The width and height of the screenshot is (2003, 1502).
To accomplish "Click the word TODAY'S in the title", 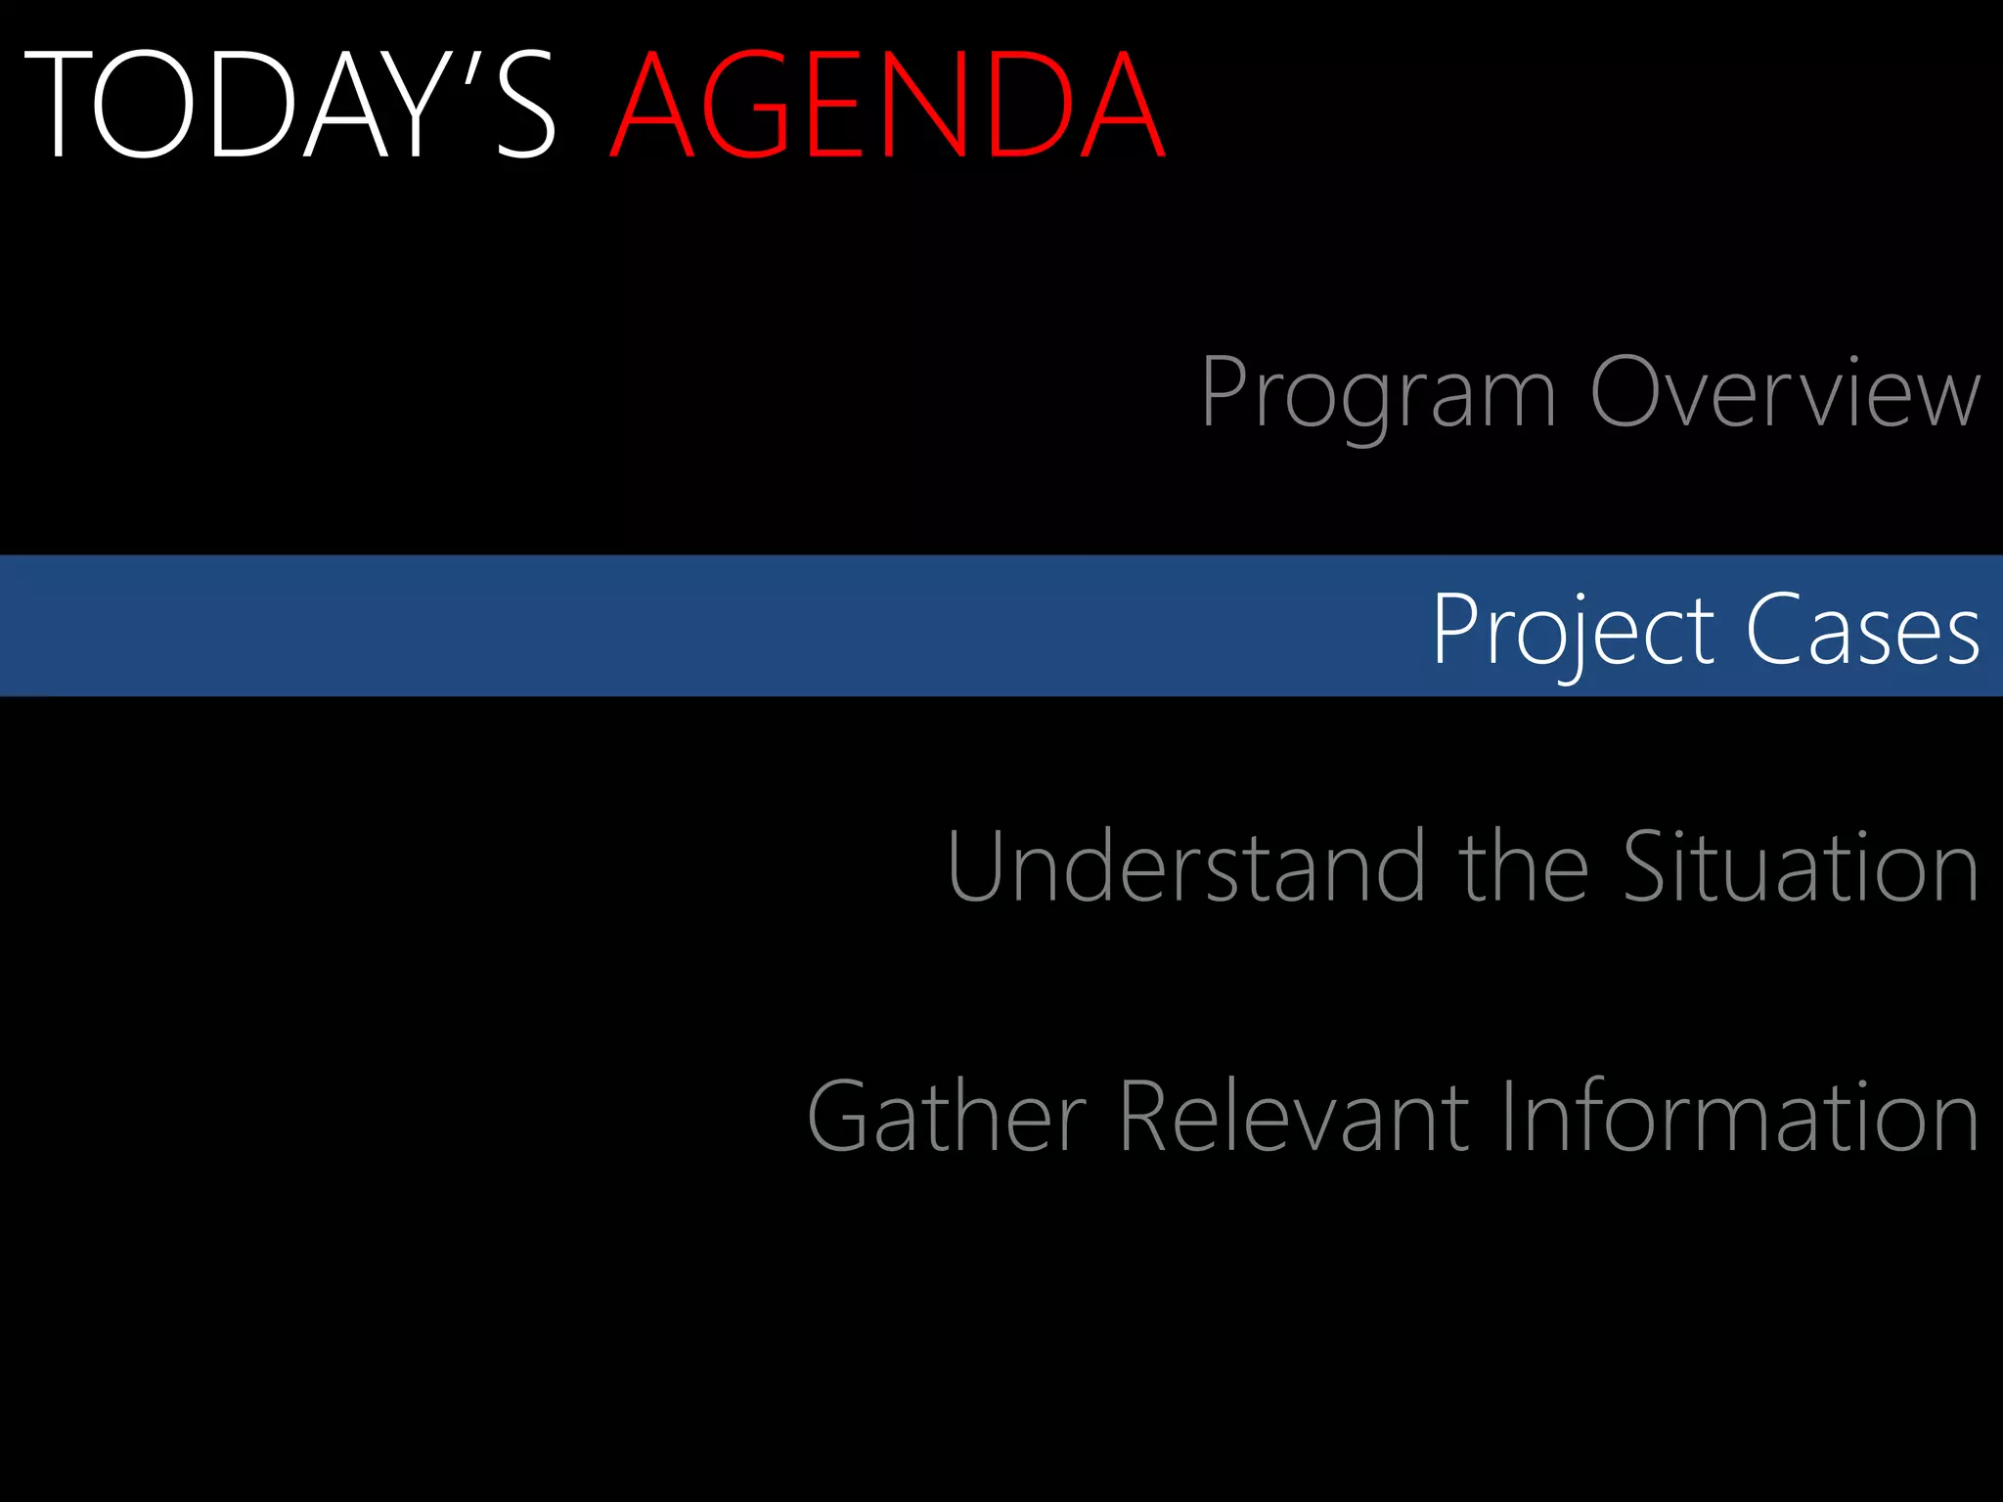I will coord(289,106).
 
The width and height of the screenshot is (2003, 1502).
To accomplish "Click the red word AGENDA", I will coord(886,106).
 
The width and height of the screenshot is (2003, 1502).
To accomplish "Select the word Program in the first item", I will coord(1377,393).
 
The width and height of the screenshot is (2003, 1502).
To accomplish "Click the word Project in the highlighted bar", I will coord(1572,631).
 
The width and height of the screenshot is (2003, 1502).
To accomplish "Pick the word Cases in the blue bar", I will coord(1862,631).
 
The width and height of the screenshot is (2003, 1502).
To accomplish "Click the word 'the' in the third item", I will coord(1523,867).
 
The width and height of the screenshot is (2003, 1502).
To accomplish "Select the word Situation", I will coord(1801,867).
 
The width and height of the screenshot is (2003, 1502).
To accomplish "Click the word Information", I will coord(1739,1117).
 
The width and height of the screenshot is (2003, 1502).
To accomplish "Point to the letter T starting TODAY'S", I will coord(57,106).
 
